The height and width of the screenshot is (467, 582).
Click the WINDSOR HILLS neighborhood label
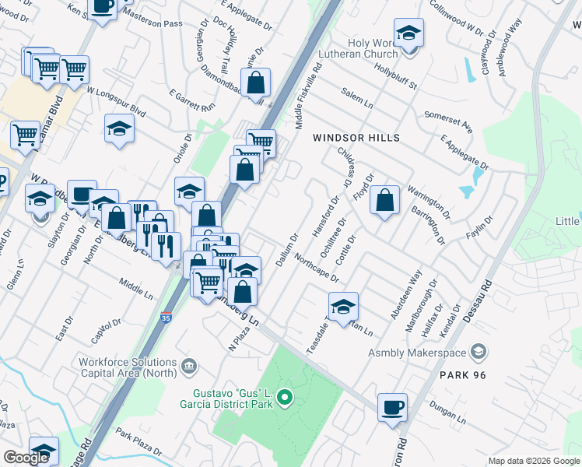(356, 138)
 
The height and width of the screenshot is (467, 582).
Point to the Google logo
(26, 458)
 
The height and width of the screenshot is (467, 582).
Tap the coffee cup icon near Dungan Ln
(392, 406)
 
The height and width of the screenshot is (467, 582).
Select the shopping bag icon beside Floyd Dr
(385, 201)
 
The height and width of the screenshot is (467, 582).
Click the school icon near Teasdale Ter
(342, 306)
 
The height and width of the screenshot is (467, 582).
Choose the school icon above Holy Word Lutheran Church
(408, 33)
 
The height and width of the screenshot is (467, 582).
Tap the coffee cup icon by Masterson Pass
(103, 6)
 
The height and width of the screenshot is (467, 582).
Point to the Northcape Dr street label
(317, 267)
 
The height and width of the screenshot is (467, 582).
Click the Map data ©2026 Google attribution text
(533, 461)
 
